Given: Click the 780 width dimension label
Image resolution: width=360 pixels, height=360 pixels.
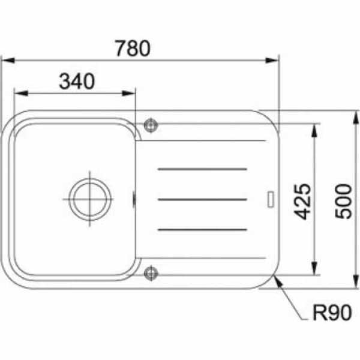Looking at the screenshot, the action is click(x=133, y=48).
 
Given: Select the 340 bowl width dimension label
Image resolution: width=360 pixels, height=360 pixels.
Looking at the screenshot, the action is click(x=77, y=81).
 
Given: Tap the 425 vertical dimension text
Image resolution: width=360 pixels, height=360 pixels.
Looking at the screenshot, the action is click(x=303, y=202).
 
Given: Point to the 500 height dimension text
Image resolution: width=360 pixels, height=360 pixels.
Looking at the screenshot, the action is click(x=343, y=201).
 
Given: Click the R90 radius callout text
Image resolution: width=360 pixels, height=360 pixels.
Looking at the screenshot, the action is click(x=332, y=313).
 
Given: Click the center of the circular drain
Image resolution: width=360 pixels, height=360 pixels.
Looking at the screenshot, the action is click(x=90, y=199).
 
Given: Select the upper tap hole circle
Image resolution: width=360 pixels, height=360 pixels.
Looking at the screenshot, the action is click(x=151, y=125).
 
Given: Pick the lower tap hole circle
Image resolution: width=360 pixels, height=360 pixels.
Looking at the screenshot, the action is click(x=151, y=273).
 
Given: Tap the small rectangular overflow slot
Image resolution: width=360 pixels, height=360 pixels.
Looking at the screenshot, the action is click(x=271, y=199).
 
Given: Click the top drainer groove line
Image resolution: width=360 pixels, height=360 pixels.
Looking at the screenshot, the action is click(x=203, y=169).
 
